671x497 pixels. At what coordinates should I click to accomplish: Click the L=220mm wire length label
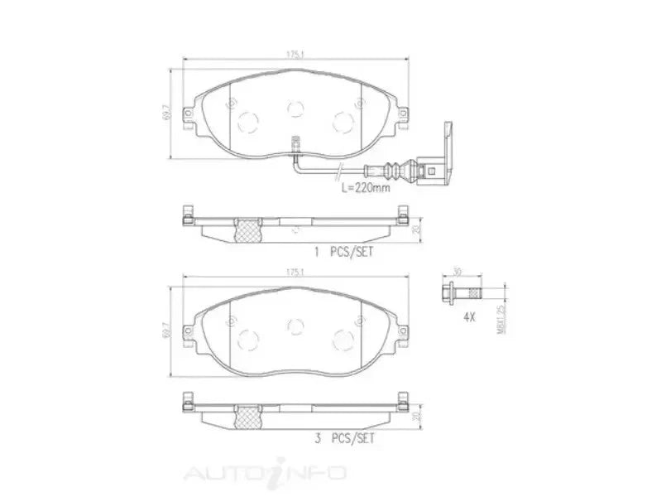(366, 189)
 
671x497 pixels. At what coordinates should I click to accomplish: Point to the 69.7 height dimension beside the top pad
(165, 111)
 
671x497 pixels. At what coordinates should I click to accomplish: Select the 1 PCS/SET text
(341, 252)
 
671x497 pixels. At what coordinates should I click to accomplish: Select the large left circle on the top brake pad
(247, 121)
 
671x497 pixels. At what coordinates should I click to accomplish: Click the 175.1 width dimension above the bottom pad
(294, 271)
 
